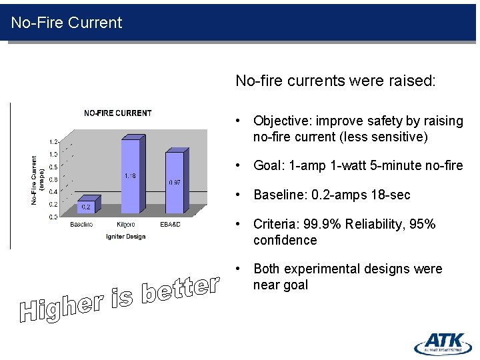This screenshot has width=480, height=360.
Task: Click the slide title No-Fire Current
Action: tap(67, 23)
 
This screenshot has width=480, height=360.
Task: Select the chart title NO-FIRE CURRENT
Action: tap(117, 113)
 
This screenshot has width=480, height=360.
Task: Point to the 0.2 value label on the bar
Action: tap(86, 207)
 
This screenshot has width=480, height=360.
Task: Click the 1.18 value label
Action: tap(130, 176)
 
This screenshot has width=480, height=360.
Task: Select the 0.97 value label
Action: tap(175, 182)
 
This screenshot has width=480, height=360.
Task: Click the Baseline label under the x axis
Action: tap(81, 225)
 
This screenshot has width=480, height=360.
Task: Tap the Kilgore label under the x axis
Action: tap(125, 225)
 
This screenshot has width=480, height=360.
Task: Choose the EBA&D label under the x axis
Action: tap(170, 225)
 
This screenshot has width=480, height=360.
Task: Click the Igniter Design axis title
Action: tap(125, 237)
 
